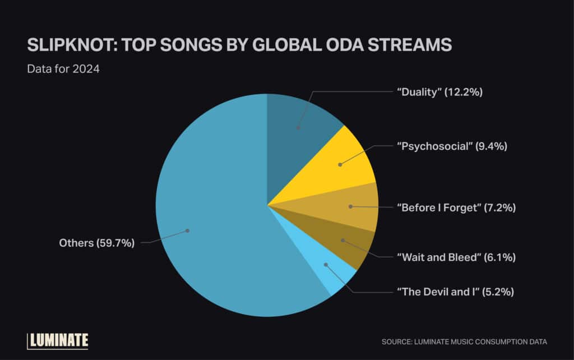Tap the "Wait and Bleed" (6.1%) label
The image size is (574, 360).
pyautogui.click(x=456, y=257)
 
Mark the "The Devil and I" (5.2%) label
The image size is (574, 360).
pyautogui.click(x=455, y=292)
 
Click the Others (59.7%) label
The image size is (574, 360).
pyautogui.click(x=97, y=243)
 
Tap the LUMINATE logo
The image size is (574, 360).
pyautogui.click(x=58, y=340)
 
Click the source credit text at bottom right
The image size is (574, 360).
pyautogui.click(x=464, y=341)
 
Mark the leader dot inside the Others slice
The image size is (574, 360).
pyautogui.click(x=188, y=230)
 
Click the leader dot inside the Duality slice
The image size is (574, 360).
pyautogui.click(x=298, y=128)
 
